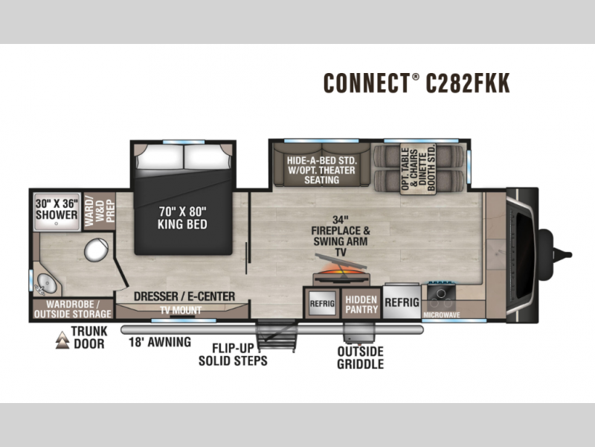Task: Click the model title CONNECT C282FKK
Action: point(416,83)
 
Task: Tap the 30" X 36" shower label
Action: point(57,209)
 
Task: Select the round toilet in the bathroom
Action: point(97,250)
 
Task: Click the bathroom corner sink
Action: point(45,284)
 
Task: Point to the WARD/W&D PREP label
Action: point(100,211)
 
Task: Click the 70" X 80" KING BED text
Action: point(182,218)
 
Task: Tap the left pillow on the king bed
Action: point(159,156)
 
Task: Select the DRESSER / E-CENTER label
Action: point(184,296)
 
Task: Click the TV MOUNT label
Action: point(181,311)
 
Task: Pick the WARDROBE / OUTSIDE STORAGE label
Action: point(72,309)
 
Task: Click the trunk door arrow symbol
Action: point(62,340)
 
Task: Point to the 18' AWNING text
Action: point(160,342)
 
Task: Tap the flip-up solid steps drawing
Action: point(277,336)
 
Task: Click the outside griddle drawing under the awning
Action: point(359,333)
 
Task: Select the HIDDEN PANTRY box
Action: point(361,304)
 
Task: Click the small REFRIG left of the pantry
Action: point(322,303)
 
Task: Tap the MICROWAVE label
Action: point(442,314)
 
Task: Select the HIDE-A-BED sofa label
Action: point(321,170)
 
